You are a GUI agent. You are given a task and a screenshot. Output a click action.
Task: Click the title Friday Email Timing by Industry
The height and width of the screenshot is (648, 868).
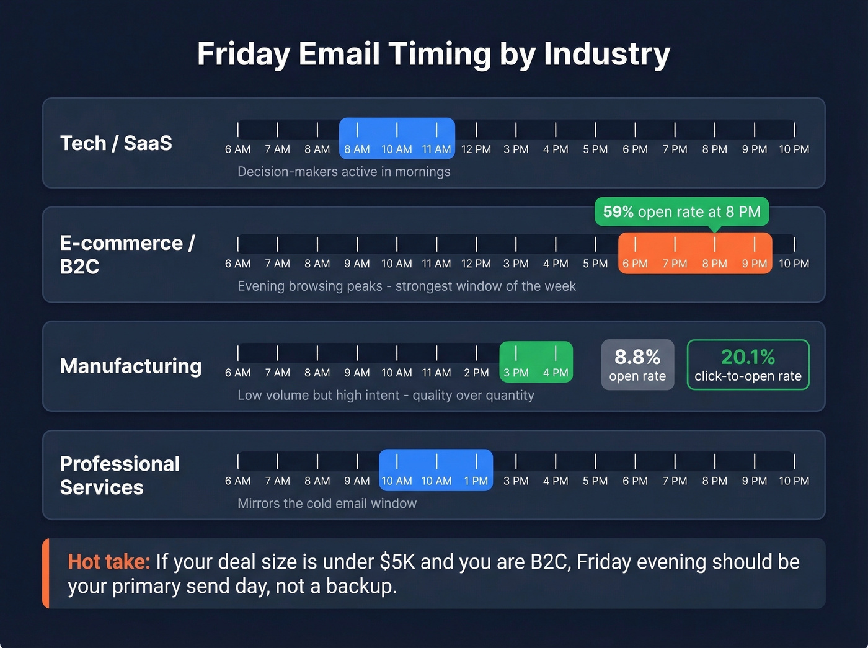click(x=433, y=54)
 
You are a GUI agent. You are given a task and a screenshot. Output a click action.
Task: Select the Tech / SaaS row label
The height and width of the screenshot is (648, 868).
click(x=116, y=143)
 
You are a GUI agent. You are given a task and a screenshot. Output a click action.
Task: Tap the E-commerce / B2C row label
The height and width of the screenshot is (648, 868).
click(x=127, y=254)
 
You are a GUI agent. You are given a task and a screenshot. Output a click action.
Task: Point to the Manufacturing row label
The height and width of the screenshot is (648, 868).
click(x=131, y=366)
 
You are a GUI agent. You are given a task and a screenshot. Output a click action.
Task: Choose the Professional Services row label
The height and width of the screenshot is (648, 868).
click(x=120, y=475)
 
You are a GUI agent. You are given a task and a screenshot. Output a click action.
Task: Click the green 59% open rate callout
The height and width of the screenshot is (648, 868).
click(x=681, y=212)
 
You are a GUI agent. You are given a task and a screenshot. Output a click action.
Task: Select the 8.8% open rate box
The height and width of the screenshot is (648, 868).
click(x=637, y=365)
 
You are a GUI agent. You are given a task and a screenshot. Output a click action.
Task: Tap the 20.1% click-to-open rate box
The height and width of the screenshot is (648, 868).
click(x=748, y=365)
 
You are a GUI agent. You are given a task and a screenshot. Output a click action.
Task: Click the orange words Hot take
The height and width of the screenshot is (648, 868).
click(x=108, y=562)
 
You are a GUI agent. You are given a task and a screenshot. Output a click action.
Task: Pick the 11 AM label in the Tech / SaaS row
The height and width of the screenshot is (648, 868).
click(x=436, y=149)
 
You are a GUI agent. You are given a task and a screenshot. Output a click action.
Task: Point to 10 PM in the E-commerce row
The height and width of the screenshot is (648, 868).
click(x=794, y=264)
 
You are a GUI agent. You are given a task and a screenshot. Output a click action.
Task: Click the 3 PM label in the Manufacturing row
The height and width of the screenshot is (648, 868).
click(x=516, y=373)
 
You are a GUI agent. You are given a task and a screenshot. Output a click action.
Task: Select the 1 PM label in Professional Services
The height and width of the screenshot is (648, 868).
click(x=476, y=481)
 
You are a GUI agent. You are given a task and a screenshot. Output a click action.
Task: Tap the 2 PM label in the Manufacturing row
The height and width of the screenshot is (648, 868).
click(x=476, y=373)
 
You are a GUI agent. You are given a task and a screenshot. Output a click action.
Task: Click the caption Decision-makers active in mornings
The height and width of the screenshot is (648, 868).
click(x=344, y=172)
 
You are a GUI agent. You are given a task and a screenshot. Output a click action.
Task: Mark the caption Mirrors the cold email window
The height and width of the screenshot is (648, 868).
click(x=327, y=504)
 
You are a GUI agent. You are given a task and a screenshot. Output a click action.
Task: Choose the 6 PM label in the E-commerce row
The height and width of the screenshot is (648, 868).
click(x=635, y=264)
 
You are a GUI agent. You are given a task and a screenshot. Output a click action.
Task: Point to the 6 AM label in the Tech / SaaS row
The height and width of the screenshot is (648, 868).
click(x=237, y=149)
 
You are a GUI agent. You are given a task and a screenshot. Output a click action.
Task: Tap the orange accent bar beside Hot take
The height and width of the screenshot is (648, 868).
click(x=46, y=573)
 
